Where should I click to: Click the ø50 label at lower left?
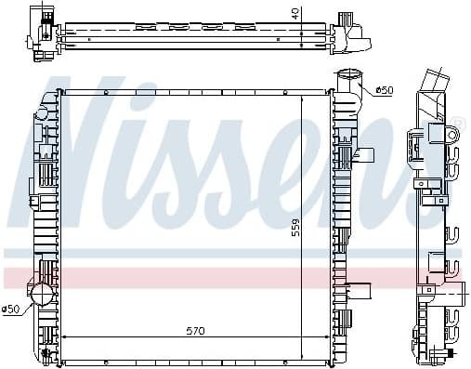[12, 309]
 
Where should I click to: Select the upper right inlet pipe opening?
[348, 76]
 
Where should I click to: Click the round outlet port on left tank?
[43, 296]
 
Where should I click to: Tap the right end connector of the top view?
[352, 34]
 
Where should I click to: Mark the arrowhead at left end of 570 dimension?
[62, 337]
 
